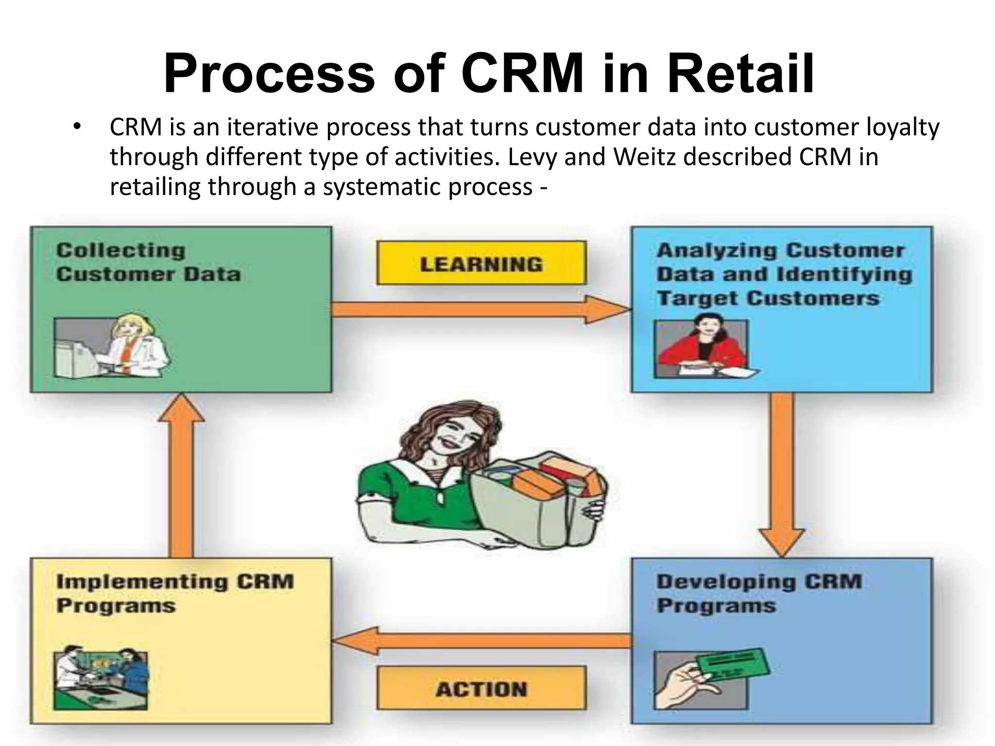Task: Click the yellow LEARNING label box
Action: pyautogui.click(x=481, y=263)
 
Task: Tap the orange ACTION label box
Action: pyautogui.click(x=481, y=689)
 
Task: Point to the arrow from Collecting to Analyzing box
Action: pyautogui.click(x=481, y=309)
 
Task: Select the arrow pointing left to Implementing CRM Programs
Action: pyautogui.click(x=481, y=641)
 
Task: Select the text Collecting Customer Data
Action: pyautogui.click(x=148, y=262)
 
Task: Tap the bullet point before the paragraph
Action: pyautogui.click(x=76, y=127)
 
